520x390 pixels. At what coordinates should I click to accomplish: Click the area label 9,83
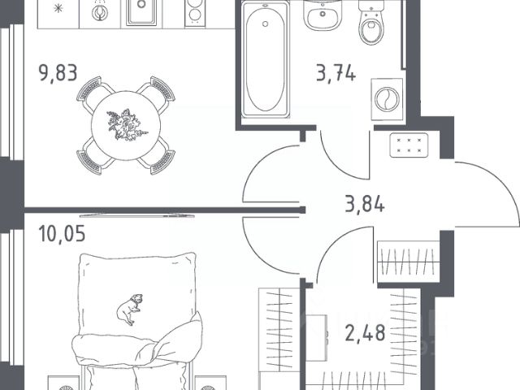tap(58, 73)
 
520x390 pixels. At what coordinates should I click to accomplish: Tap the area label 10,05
tap(62, 233)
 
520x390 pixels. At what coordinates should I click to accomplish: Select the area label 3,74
tap(336, 73)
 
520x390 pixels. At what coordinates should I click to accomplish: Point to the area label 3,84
tap(365, 204)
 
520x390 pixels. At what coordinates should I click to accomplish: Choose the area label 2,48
tap(365, 333)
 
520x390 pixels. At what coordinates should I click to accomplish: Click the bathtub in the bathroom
tap(266, 59)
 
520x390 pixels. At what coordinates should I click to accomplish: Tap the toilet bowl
tap(372, 24)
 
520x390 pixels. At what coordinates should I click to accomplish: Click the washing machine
tap(387, 99)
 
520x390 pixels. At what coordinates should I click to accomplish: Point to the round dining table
tap(126, 125)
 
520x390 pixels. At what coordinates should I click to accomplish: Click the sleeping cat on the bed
tap(130, 309)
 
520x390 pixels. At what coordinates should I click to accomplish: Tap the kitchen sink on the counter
tap(141, 13)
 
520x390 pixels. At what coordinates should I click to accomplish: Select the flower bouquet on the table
tap(127, 124)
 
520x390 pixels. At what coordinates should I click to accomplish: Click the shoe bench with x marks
tap(409, 145)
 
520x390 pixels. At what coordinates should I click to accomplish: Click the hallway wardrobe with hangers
tap(409, 262)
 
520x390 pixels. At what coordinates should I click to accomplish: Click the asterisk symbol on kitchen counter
tap(58, 9)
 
